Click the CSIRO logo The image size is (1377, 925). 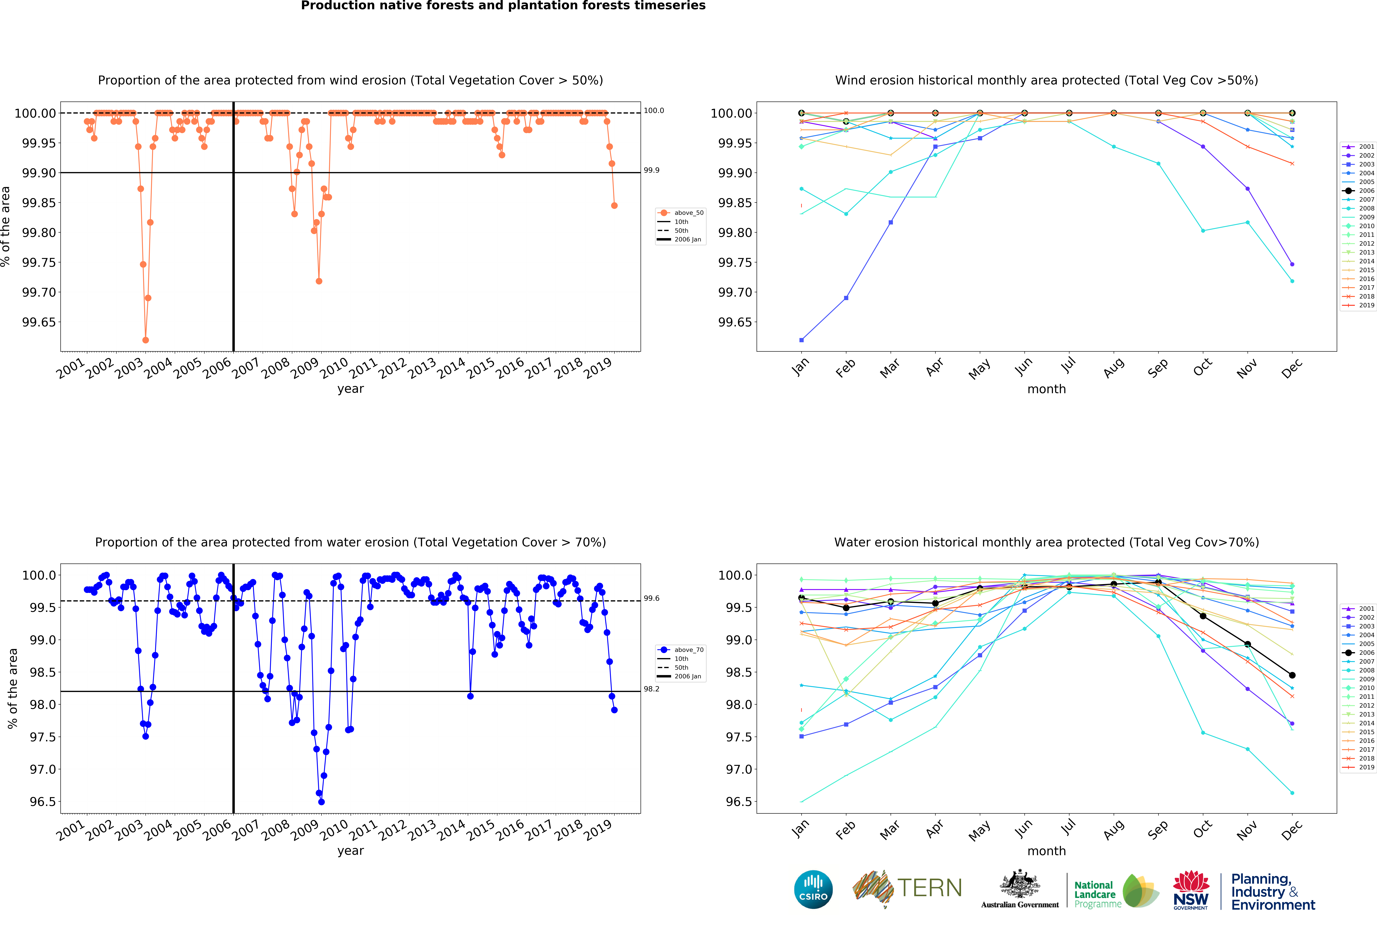pos(813,889)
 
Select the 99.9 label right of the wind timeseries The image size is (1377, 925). pos(651,170)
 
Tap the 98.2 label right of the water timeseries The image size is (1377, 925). pos(651,689)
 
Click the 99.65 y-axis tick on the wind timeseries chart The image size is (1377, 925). pos(39,322)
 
